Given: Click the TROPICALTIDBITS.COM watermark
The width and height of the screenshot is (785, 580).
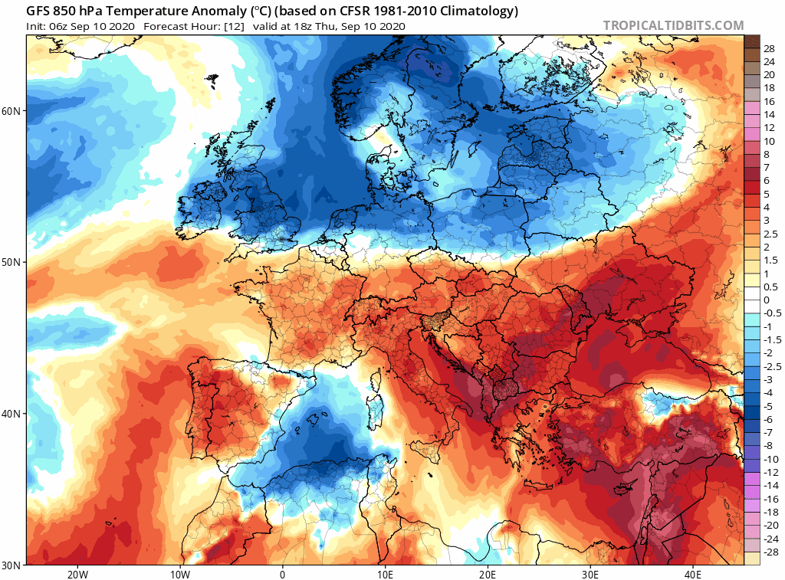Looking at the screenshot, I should tap(673, 26).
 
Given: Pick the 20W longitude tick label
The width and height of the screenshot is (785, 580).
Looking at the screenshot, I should tap(77, 574).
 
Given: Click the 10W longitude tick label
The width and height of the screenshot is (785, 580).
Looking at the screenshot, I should tap(179, 574).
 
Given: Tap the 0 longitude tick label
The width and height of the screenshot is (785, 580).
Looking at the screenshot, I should tap(282, 574).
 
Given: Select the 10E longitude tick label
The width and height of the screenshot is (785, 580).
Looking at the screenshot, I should tap(385, 574).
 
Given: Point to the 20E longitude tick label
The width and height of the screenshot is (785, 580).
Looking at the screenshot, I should tap(488, 574).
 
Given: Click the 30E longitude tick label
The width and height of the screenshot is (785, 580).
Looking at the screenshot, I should tap(590, 574).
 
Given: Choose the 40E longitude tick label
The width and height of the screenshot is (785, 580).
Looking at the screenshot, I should tap(693, 574).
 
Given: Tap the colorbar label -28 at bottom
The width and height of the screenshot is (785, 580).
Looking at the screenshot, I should tap(770, 552).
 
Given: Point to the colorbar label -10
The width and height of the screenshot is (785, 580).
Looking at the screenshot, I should tap(770, 458).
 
